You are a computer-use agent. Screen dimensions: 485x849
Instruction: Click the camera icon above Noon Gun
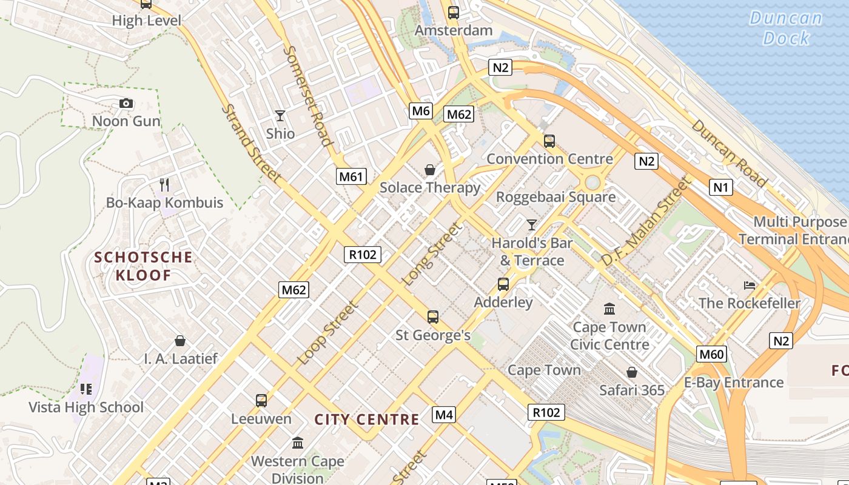126,104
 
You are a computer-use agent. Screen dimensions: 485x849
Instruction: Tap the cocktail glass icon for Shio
280,115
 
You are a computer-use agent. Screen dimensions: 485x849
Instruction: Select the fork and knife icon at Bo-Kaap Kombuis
164,184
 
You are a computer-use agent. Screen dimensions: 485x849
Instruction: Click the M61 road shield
352,176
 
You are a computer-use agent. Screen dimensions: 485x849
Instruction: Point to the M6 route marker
421,110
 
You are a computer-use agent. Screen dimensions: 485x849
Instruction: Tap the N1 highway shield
720,187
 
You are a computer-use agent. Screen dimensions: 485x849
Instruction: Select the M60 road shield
711,354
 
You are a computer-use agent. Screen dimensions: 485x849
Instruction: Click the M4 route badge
444,415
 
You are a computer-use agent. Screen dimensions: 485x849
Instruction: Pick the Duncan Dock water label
786,28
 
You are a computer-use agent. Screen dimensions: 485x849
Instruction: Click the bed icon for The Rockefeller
750,285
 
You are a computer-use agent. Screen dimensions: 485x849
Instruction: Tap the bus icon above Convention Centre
549,141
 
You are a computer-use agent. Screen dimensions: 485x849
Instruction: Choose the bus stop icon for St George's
433,316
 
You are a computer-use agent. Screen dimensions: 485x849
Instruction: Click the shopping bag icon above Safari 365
632,372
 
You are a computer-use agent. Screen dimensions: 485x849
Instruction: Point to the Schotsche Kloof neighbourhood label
144,266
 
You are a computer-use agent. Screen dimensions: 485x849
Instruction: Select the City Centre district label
367,420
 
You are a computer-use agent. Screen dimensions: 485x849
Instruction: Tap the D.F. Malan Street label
646,222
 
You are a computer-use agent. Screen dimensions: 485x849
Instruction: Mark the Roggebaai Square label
555,197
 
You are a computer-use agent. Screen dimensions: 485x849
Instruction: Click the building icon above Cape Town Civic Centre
609,309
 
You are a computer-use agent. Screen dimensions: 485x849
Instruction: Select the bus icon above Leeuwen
261,400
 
